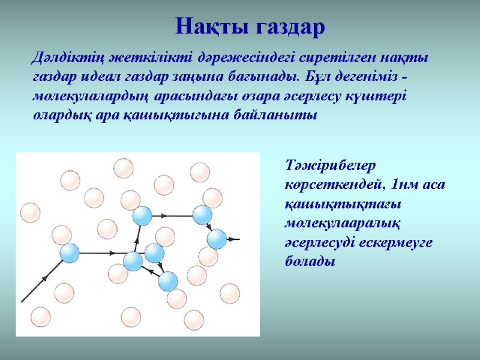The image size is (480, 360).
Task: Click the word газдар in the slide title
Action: coord(288,26)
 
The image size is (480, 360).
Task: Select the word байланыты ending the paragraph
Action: coord(275,115)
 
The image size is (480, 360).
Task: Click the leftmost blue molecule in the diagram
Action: coord(70,253)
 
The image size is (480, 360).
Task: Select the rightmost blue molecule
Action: coord(217,239)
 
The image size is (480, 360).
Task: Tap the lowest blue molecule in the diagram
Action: coord(168,280)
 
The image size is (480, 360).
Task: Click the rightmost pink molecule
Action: coord(230,293)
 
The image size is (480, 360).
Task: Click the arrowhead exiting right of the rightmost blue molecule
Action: coord(237,239)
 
